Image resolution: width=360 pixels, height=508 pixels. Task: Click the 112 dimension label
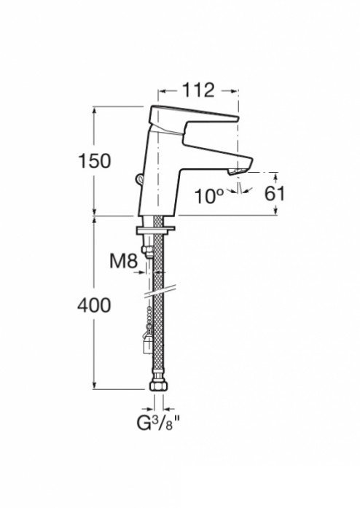(198, 90)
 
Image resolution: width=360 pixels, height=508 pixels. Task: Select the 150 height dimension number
(95, 161)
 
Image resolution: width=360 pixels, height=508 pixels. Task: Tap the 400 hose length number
(94, 305)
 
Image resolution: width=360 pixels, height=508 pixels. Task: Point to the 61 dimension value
(275, 194)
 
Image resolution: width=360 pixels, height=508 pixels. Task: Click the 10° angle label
(209, 196)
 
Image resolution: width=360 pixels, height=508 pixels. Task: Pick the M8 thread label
(123, 261)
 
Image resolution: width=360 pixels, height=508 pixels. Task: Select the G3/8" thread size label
(158, 423)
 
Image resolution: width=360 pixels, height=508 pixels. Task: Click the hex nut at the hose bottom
(158, 386)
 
